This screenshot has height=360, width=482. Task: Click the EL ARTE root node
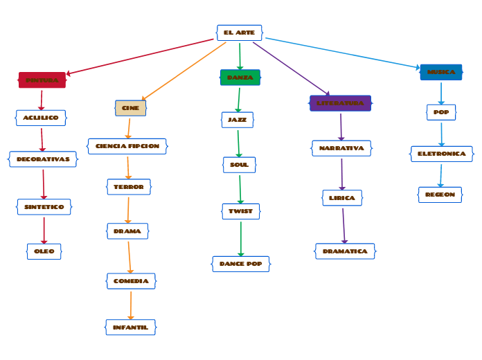click(239, 33)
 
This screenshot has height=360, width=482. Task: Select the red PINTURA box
click(42, 80)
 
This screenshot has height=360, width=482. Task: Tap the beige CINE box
click(130, 108)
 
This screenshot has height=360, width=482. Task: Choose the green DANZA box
click(240, 78)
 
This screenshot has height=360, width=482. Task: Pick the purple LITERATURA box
click(340, 103)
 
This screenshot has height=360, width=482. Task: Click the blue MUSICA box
click(441, 72)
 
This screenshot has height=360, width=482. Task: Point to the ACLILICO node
click(41, 118)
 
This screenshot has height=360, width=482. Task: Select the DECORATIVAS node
click(43, 159)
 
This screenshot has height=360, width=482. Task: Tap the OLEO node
click(44, 251)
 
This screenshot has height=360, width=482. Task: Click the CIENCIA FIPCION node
click(127, 146)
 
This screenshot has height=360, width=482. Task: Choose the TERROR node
click(129, 187)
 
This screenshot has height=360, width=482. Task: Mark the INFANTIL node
click(130, 327)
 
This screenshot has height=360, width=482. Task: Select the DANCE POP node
click(240, 264)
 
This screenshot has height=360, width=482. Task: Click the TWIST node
click(240, 211)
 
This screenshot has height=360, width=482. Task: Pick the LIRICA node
click(342, 198)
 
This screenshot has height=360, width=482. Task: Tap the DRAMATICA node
click(345, 251)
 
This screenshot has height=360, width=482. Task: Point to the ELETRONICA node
click(441, 154)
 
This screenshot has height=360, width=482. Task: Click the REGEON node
click(440, 195)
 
